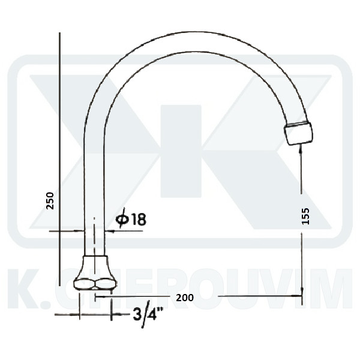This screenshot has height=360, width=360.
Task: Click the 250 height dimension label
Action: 50,200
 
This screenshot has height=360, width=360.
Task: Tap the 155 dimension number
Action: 306,216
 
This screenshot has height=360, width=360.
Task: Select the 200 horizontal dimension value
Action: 185,298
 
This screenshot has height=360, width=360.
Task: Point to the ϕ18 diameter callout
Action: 131,219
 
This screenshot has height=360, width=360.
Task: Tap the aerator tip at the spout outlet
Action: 298,134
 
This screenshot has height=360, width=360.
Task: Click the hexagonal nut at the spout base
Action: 95,284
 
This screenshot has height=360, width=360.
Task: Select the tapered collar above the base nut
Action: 95,267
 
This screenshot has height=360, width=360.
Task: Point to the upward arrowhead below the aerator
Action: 301,149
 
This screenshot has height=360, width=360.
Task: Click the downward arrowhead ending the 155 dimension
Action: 302,291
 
